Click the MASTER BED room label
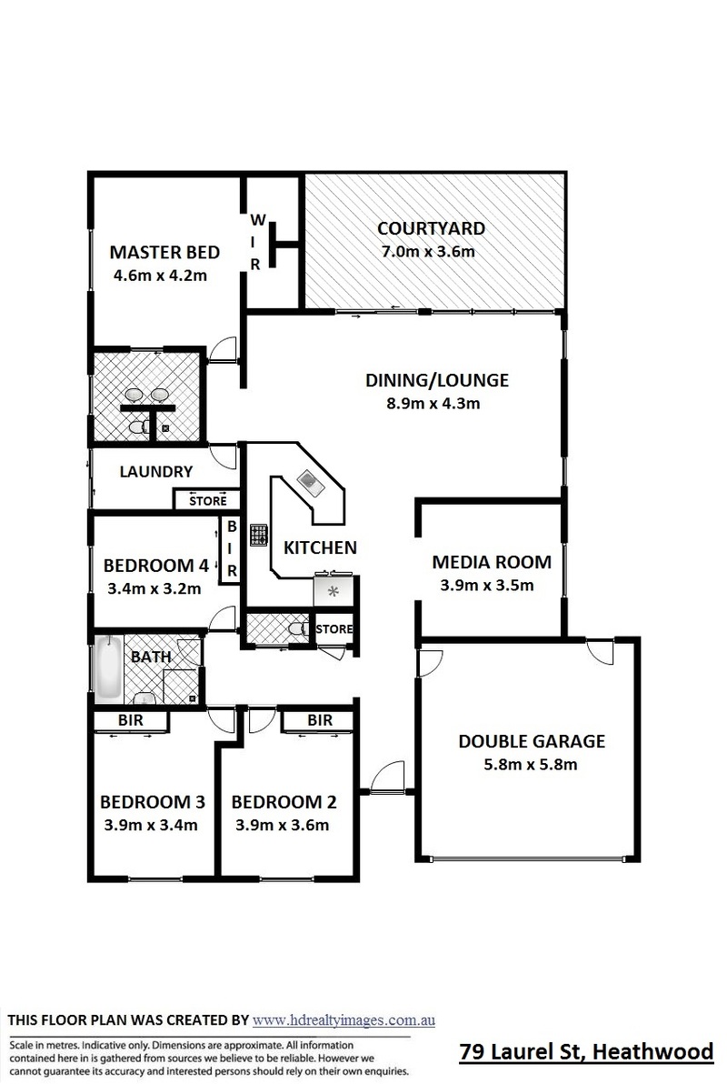(164, 252)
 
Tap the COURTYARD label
(432, 228)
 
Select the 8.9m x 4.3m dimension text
(433, 403)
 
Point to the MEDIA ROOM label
(492, 562)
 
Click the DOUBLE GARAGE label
(533, 742)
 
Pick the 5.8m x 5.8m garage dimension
(531, 765)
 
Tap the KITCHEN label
(321, 547)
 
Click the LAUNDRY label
(156, 471)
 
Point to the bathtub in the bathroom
(108, 668)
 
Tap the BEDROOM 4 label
(155, 566)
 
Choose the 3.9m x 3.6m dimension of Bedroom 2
(282, 825)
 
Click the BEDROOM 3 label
(153, 802)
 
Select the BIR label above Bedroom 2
(320, 720)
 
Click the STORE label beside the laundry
(208, 500)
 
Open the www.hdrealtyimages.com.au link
(344, 1019)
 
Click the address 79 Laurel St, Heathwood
(587, 1051)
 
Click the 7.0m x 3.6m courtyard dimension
(428, 251)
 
